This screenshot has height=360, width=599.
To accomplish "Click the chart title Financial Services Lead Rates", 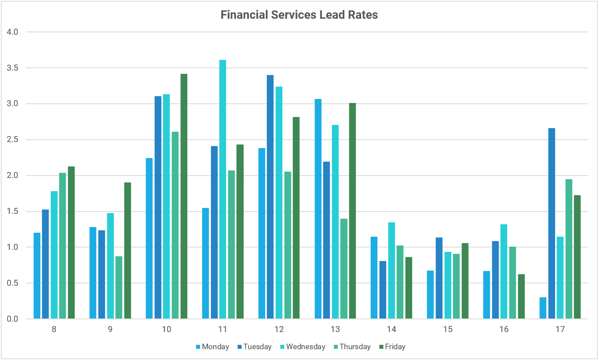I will point(299,15).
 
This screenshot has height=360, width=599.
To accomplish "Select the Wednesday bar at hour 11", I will point(223,189).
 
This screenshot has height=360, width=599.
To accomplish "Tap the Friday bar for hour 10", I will point(184,196).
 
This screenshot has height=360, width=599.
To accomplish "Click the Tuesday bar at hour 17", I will point(551,224).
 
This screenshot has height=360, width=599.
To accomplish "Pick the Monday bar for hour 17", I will point(543,308).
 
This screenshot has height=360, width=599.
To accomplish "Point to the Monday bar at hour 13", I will point(318,209).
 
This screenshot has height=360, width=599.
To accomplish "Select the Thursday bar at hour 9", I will point(119,287).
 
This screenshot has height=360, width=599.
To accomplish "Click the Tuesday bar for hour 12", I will point(270,197).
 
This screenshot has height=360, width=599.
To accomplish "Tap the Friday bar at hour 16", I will point(521,296).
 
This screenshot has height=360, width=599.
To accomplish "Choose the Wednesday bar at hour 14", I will point(391,270).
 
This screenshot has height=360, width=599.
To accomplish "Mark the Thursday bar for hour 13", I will point(344,269).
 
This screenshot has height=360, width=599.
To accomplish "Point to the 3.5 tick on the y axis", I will point(13,68).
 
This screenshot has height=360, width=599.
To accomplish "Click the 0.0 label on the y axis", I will point(13,319).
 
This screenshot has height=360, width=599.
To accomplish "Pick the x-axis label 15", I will point(448,329).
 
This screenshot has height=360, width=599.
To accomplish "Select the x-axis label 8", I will point(54,329).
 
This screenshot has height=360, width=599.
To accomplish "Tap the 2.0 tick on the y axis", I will point(13,176).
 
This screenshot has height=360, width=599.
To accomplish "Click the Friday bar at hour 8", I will point(71,243).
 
